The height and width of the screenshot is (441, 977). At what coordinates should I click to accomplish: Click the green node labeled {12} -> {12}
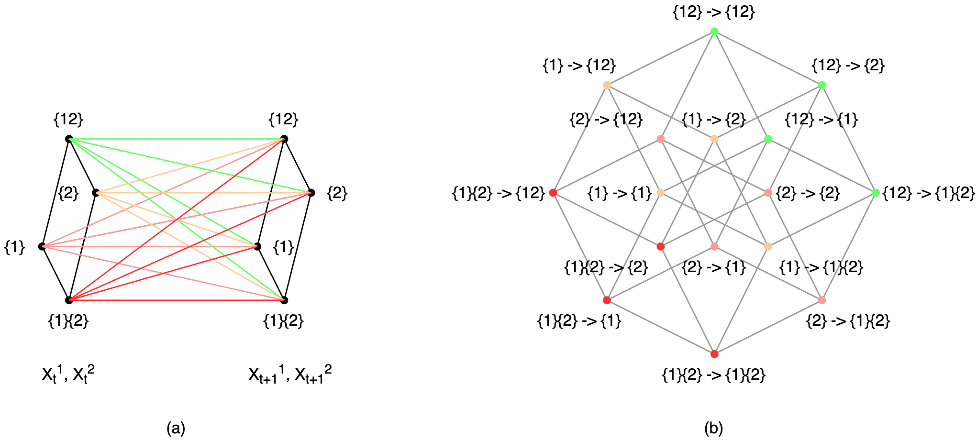point(714,32)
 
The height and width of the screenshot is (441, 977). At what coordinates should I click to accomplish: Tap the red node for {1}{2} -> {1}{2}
point(714,354)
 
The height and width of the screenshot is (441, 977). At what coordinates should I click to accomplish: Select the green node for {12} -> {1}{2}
point(876,193)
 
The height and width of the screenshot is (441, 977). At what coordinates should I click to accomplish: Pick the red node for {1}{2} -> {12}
point(553,193)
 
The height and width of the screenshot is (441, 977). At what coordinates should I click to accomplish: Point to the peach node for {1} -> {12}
point(607,85)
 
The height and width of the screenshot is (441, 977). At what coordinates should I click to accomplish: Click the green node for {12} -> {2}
point(822,85)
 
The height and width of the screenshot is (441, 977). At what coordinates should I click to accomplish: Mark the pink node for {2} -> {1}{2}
point(822,300)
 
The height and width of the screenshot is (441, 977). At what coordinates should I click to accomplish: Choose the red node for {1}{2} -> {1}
point(607,300)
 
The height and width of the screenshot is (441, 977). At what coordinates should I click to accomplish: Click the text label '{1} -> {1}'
point(620,193)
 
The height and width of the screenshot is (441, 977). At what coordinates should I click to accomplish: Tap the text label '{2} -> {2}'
point(808,193)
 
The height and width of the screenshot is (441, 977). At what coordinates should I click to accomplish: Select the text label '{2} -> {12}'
point(606,119)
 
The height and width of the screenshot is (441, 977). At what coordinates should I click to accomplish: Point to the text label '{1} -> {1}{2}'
point(821,267)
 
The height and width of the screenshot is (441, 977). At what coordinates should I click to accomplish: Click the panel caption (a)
point(176,428)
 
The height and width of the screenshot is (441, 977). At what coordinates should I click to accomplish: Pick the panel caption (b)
point(713,428)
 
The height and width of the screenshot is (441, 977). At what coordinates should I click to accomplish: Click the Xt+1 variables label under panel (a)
point(290,374)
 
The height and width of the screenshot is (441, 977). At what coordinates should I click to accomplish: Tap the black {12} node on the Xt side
point(69,139)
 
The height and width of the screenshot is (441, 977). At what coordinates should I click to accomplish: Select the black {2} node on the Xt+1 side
point(311,193)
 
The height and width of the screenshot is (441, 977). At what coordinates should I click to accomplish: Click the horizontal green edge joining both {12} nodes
point(177,139)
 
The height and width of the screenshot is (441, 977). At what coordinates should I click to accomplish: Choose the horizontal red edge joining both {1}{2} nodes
point(177,300)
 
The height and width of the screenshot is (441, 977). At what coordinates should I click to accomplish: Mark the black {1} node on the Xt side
point(42,247)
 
